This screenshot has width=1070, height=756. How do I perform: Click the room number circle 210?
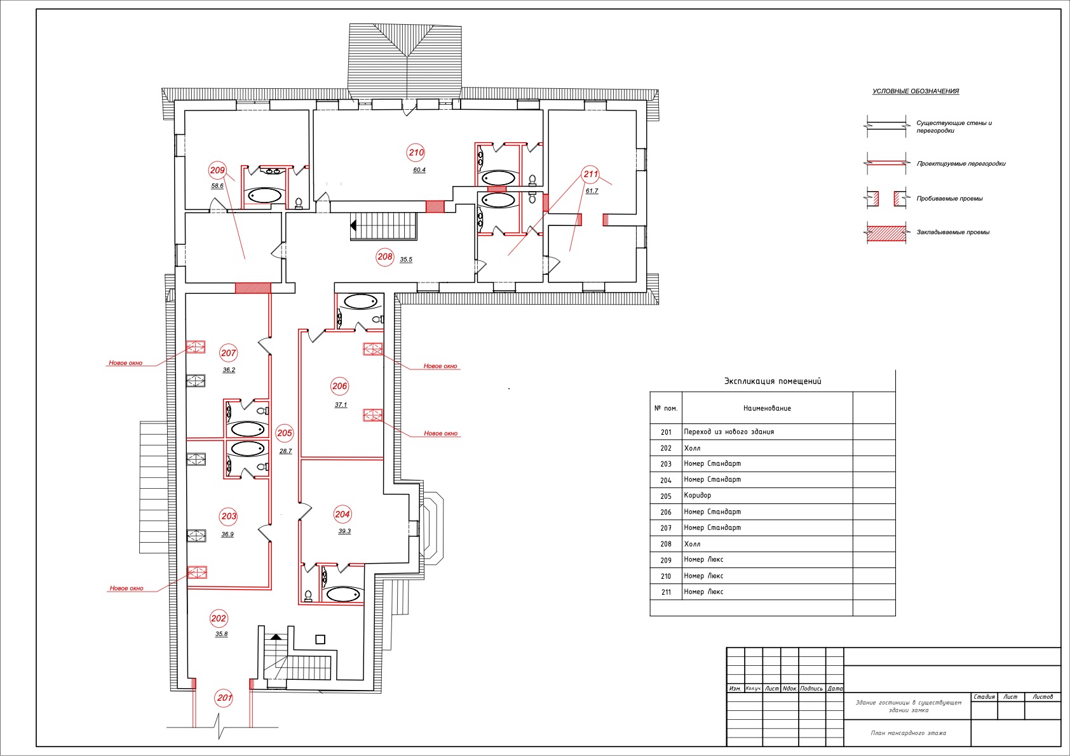pyautogui.click(x=416, y=153)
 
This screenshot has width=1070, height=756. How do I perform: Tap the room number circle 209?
pyautogui.click(x=217, y=170)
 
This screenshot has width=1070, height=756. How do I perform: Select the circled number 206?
pyautogui.click(x=340, y=386)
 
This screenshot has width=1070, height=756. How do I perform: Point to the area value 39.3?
pyautogui.click(x=344, y=531)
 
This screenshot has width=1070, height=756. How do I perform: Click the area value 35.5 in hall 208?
pyautogui.click(x=406, y=260)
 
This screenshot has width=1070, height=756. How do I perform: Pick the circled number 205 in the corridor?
pyautogui.click(x=285, y=433)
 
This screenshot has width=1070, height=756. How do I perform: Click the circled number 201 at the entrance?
pyautogui.click(x=224, y=698)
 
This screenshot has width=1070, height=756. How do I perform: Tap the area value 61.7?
pyautogui.click(x=592, y=191)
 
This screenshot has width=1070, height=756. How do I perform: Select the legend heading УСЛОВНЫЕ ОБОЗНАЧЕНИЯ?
pyautogui.click(x=916, y=91)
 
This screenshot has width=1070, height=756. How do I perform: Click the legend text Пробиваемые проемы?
pyautogui.click(x=950, y=199)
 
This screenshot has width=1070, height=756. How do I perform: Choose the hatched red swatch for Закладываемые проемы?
pyautogui.click(x=886, y=234)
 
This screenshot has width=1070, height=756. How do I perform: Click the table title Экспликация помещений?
pyautogui.click(x=773, y=381)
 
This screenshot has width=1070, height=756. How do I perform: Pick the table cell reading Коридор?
pyautogui.click(x=698, y=495)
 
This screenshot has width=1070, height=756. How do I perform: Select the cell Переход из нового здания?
pyautogui.click(x=729, y=432)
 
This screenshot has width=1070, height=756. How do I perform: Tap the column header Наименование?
pyautogui.click(x=767, y=408)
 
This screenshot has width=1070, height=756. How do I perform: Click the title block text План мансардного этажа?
pyautogui.click(x=908, y=733)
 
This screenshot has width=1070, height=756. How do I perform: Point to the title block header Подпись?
pyautogui.click(x=811, y=689)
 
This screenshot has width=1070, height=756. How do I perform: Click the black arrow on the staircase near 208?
pyautogui.click(x=353, y=225)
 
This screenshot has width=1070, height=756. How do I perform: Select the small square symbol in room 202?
pyautogui.click(x=320, y=640)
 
